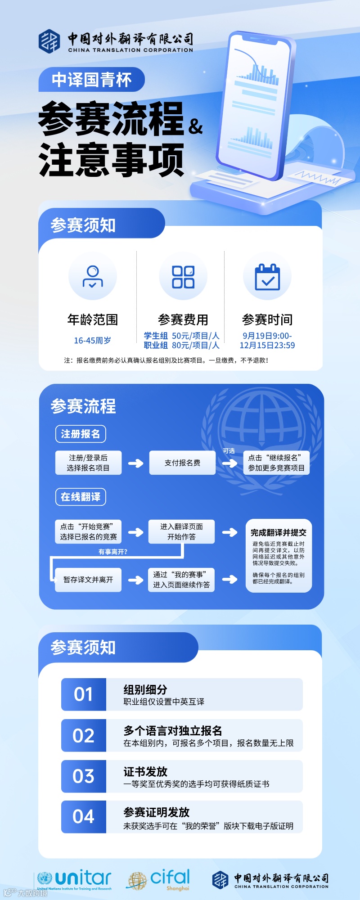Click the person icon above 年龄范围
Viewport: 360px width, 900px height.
93,276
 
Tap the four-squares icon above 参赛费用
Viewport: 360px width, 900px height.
183,276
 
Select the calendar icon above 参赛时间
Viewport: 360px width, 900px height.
267,276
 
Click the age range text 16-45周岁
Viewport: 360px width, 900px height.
92,341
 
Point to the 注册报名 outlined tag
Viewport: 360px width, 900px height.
81,434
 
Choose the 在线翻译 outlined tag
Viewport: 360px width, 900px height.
81,497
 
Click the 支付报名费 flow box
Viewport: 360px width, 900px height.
182,463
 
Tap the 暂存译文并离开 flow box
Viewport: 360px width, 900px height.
88,580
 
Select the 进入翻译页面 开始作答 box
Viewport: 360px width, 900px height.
181,531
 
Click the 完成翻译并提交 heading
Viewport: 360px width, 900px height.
278,533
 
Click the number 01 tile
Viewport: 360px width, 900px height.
84,694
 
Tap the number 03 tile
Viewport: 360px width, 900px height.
84,776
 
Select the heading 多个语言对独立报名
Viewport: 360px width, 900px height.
173,731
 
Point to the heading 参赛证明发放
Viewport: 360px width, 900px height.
157,812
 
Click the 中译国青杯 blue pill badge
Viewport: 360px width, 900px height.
91,80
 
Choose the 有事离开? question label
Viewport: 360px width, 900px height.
113,552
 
